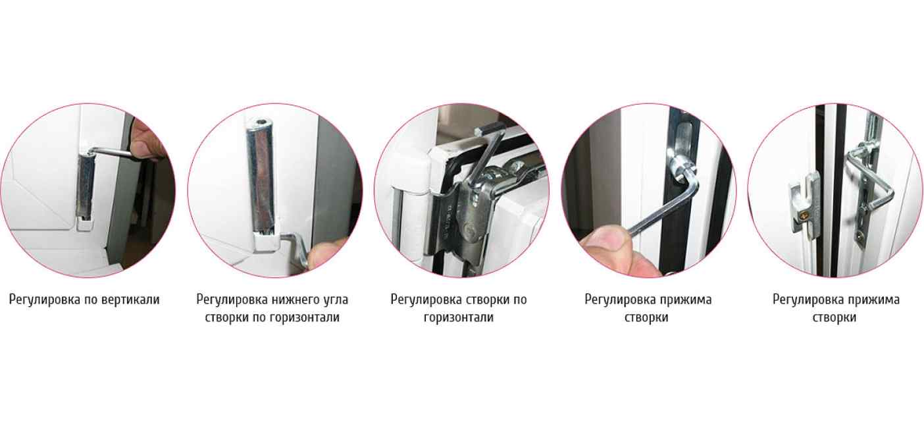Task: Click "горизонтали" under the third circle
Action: [x=459, y=318]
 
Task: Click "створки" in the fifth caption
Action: [x=834, y=318]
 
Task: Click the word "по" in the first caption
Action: [x=90, y=300]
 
